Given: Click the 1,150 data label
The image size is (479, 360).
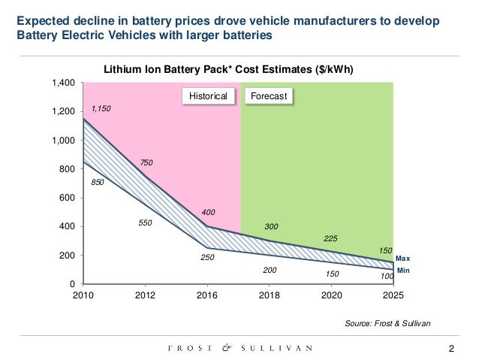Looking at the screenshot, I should pyautogui.click(x=101, y=109).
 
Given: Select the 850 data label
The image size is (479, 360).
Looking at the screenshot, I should pyautogui.click(x=97, y=182).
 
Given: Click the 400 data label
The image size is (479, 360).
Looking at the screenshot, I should pyautogui.click(x=207, y=213).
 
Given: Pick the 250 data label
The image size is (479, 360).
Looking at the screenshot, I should pyautogui.click(x=207, y=258).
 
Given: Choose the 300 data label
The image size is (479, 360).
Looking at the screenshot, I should pyautogui.click(x=271, y=225).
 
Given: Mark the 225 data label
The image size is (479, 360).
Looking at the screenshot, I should pyautogui.click(x=331, y=238).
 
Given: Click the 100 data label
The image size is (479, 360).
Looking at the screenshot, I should pyautogui.click(x=387, y=277).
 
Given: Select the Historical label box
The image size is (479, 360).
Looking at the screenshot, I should pyautogui.click(x=208, y=96).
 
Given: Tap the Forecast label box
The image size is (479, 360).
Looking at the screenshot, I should pyautogui.click(x=268, y=96).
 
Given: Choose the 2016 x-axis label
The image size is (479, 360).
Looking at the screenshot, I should pyautogui.click(x=207, y=295).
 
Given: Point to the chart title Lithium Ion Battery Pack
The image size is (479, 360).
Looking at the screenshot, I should pyautogui.click(x=228, y=69).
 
